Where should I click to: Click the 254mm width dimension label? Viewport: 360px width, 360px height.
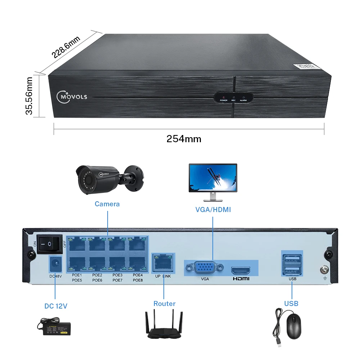click(184, 139)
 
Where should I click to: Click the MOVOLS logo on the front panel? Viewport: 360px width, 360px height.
click(72, 96)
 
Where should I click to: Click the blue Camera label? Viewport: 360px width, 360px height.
click(107, 204)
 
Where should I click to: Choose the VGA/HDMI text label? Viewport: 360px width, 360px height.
click(213, 210)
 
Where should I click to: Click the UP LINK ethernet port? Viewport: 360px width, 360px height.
click(163, 262)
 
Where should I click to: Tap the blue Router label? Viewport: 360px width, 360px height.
click(165, 304)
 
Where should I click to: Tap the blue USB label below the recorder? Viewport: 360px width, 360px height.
click(291, 304)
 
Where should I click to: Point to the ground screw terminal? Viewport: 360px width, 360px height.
click(323, 268)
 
